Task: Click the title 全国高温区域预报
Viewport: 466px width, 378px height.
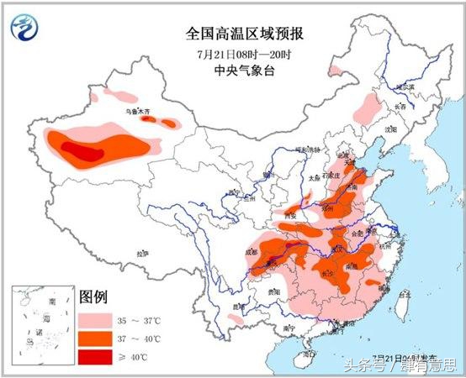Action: (245, 34)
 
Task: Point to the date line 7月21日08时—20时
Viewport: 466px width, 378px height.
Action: (245, 53)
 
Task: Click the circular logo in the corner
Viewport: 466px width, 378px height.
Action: (25, 27)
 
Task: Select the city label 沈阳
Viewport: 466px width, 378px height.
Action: (389, 131)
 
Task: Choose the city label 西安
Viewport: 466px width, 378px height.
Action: (293, 215)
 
